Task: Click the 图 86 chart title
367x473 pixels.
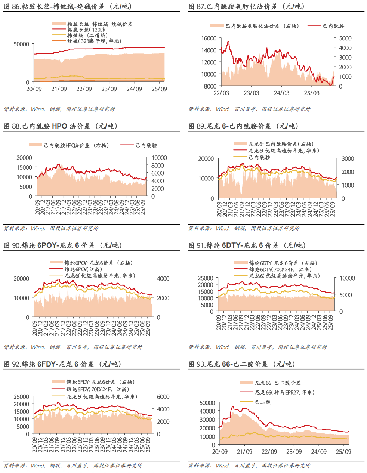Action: pos(68,7)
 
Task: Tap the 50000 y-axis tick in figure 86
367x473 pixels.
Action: pos(21,44)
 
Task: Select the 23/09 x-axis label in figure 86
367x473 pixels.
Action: pos(109,89)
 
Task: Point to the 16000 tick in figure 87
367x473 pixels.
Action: pos(209,38)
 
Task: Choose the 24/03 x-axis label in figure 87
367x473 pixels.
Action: pos(281,93)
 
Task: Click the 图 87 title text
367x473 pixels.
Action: pos(247,7)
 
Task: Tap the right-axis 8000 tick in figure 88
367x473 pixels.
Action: pos(157,166)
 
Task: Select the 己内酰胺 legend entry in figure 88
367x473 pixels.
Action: pos(146,145)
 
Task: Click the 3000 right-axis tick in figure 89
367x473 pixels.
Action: pos(348,158)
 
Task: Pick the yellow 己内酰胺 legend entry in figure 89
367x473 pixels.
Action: pos(259,157)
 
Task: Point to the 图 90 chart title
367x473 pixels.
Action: pos(63,245)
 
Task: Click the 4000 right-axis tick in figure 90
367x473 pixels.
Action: pos(163,279)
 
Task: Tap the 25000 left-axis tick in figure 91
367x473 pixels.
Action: pos(206,278)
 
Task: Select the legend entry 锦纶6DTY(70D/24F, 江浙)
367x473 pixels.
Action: pos(280,269)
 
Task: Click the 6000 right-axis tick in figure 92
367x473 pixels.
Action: pos(163,397)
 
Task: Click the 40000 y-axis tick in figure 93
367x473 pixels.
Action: pos(207,411)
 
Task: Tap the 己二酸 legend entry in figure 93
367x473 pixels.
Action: pos(263,402)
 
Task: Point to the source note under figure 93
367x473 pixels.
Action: pos(249,466)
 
